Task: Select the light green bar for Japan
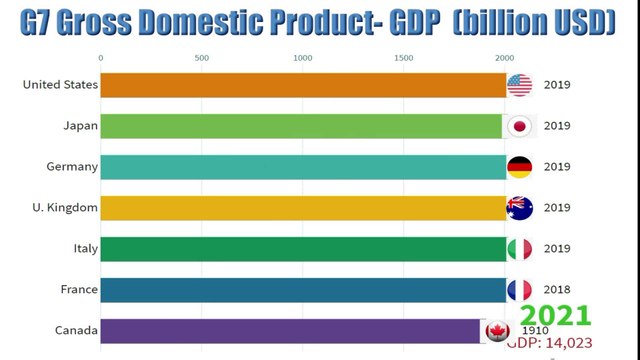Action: tap(301, 126)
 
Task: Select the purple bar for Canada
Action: tap(290, 331)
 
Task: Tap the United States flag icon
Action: tap(520, 85)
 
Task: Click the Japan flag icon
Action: tap(519, 126)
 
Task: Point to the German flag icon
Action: tap(520, 167)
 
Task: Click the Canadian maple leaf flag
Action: tap(495, 331)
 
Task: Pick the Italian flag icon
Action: tap(520, 249)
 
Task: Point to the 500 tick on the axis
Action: tap(202, 57)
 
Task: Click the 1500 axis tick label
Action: tap(404, 57)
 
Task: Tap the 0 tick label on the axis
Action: tap(100, 57)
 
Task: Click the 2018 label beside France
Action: tap(557, 290)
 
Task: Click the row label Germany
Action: tap(72, 167)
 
